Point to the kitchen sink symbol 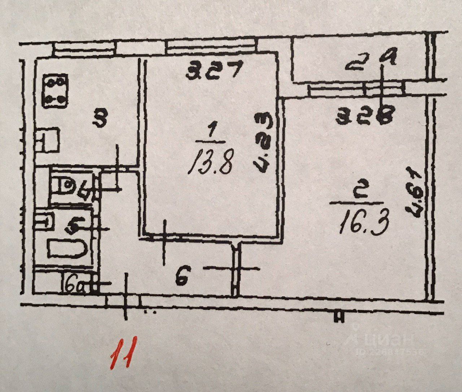click(x=48, y=141)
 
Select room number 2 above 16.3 click(x=362, y=195)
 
